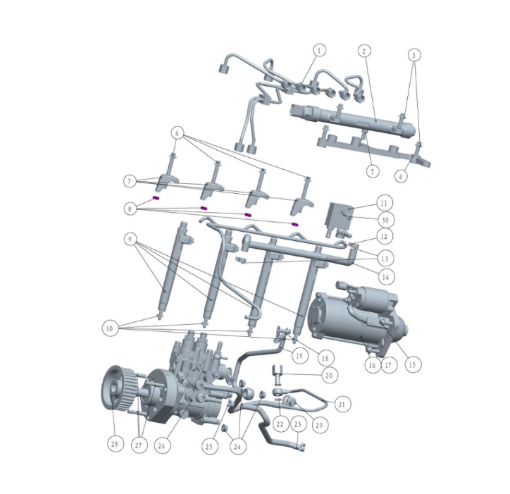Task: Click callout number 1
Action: [321, 51]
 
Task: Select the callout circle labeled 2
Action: [364, 51]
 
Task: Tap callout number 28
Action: [115, 444]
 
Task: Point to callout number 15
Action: [412, 364]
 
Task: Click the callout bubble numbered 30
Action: [385, 219]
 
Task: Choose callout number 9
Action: [131, 240]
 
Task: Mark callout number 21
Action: [342, 405]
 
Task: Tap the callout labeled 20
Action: [328, 376]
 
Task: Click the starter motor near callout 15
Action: [356, 321]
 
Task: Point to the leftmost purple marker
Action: [156, 198]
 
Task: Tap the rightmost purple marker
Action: [296, 224]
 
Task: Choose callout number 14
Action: [385, 278]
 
